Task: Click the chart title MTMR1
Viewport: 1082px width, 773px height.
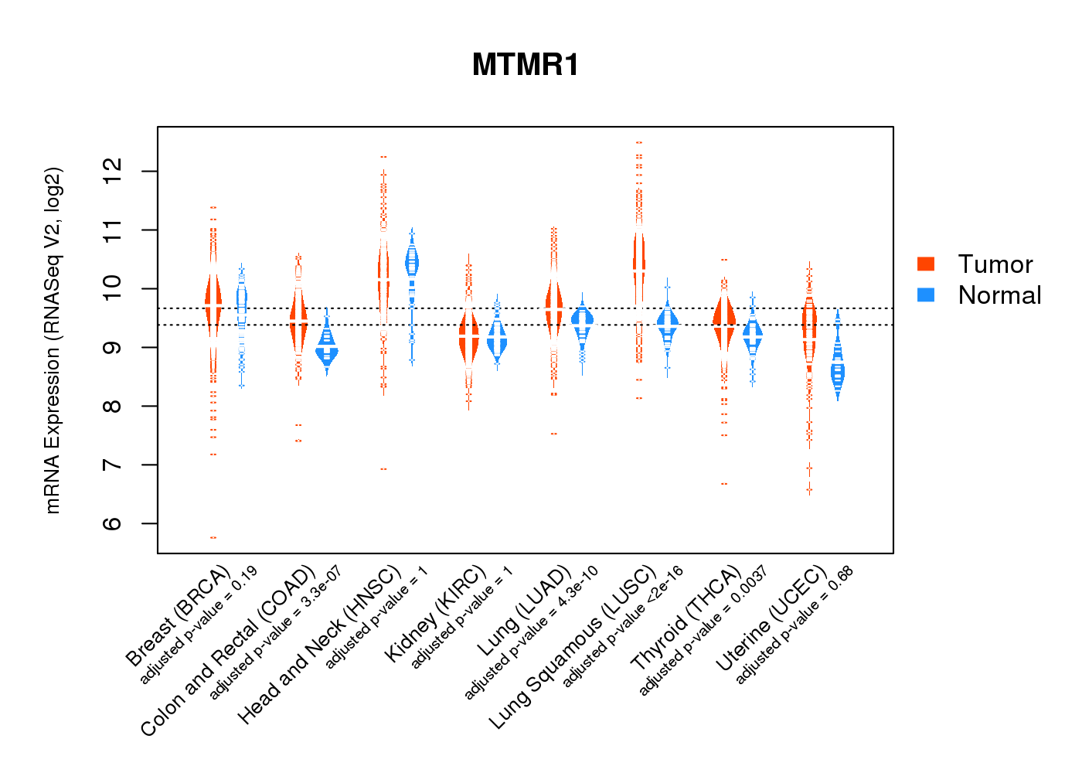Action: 526,65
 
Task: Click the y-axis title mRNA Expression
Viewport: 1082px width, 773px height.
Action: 53,340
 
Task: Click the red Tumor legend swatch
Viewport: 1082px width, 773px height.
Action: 926,264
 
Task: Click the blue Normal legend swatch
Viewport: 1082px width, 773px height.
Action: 926,295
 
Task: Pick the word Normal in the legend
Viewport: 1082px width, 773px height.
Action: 999,295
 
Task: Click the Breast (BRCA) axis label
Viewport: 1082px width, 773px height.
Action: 178,616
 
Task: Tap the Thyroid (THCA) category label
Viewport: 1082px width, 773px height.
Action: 686,618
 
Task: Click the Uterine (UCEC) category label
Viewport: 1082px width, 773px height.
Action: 771,619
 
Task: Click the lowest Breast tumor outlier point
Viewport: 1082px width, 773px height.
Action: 213,537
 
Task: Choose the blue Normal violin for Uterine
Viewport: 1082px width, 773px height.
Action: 838,371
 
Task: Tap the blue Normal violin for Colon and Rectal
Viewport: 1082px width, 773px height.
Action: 327,352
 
